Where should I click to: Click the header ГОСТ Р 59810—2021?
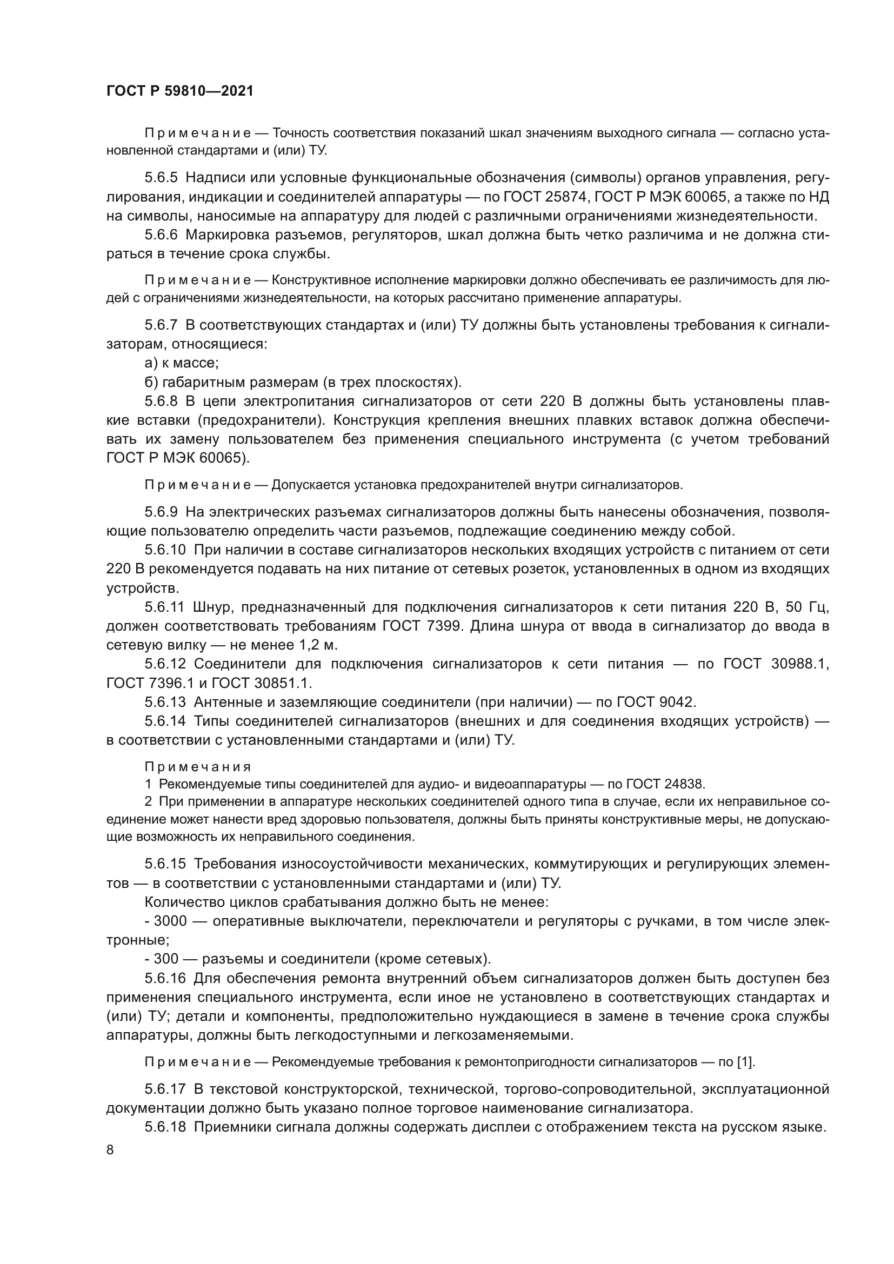point(180,91)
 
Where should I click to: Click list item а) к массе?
point(182,363)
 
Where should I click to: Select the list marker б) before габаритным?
point(151,382)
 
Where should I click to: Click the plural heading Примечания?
point(198,767)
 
